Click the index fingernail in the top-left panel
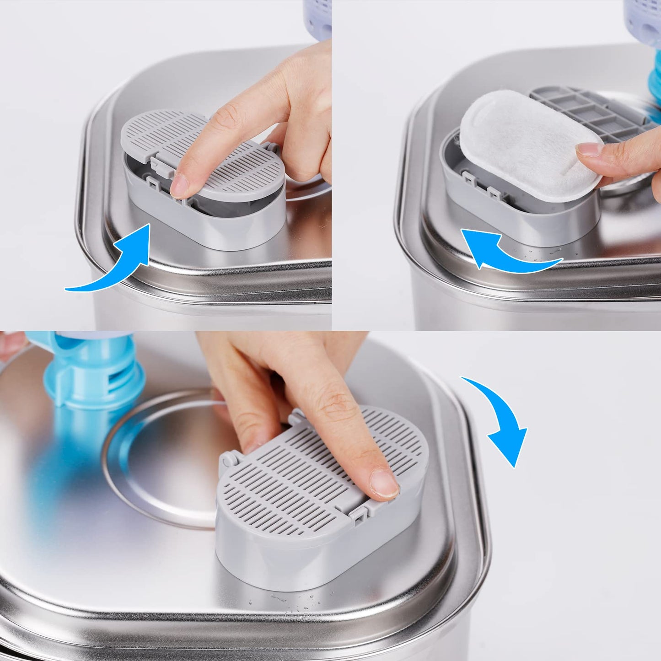tap(179, 186)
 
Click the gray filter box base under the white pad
tap(517, 220)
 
